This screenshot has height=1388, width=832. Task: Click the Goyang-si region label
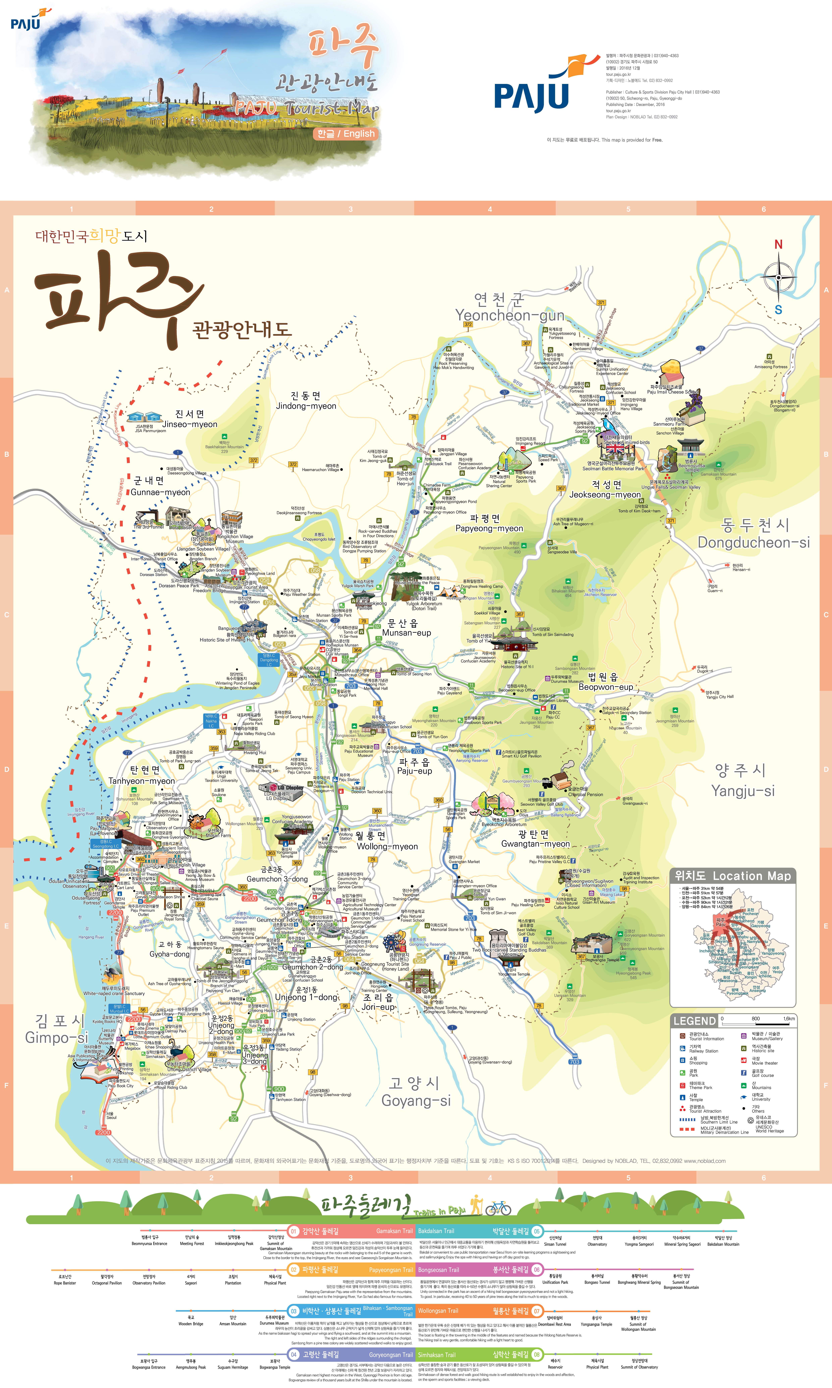pos(416,1100)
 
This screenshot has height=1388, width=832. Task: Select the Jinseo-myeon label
pos(190,424)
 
